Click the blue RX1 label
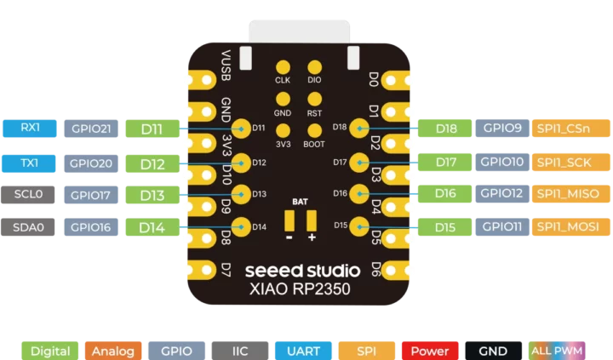tap(30, 129)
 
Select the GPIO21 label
tap(90, 129)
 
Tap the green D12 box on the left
tap(152, 163)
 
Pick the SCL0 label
tap(30, 195)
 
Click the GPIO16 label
tap(90, 227)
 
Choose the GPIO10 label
tap(501, 162)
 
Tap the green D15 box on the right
tap(444, 227)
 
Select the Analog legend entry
tap(113, 351)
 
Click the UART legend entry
tap(304, 351)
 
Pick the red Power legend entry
tap(430, 351)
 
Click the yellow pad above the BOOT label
tap(314, 130)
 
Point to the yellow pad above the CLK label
tap(283, 66)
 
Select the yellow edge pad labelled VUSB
tap(203, 79)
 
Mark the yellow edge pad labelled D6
tap(398, 270)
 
